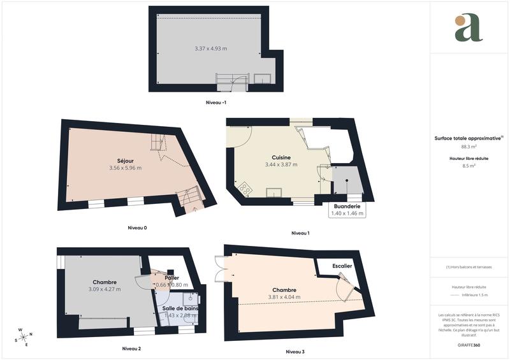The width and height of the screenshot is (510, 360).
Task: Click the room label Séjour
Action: (124, 161)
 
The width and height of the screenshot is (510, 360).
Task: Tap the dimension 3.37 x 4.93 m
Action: (210, 49)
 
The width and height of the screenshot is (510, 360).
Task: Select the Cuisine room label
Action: (282, 157)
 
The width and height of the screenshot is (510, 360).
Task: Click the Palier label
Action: (171, 278)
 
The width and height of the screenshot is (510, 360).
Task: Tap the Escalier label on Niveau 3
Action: (342, 266)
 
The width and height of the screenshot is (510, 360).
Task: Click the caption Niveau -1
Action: (216, 103)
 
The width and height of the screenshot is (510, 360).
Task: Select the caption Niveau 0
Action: (137, 227)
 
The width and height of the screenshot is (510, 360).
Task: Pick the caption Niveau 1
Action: (300, 233)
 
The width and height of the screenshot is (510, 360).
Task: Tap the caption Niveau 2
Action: (131, 349)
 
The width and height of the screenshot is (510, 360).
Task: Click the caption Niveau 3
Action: (295, 351)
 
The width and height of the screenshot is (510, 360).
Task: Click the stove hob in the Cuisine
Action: (244, 188)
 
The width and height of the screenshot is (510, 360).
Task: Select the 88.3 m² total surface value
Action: (469, 146)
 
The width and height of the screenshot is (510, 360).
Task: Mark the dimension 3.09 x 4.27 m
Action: (105, 289)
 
